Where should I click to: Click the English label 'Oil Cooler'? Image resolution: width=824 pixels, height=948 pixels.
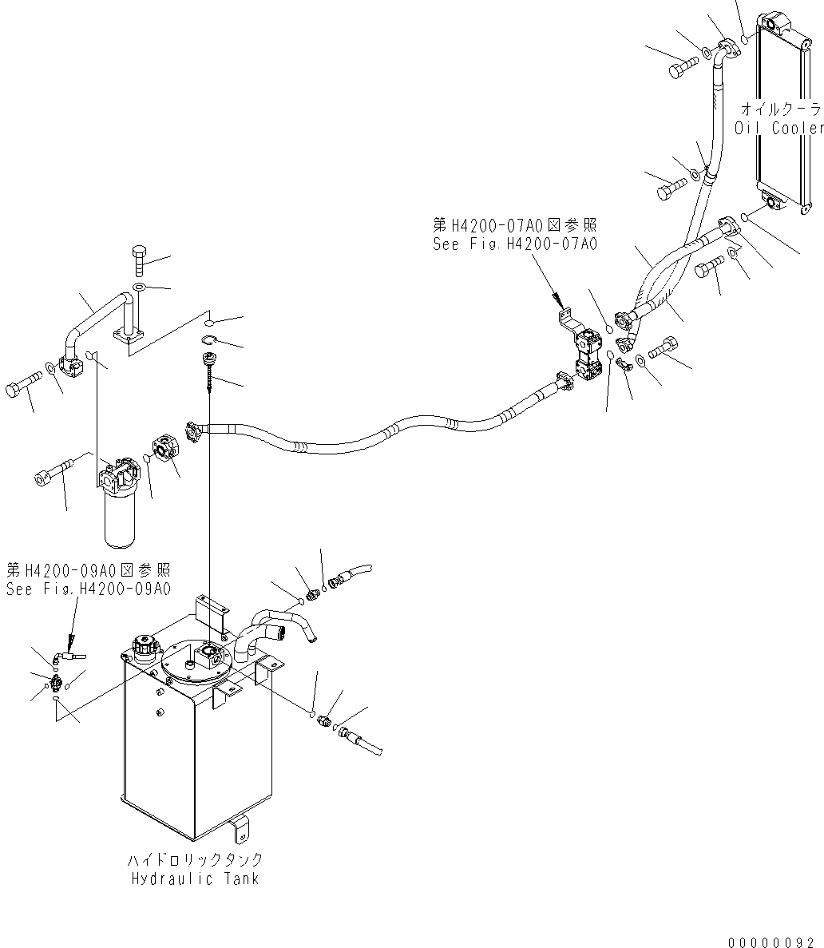point(778,128)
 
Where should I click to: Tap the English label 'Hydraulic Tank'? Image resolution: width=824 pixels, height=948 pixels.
point(195,879)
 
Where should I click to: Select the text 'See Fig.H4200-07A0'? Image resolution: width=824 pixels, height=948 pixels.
point(514,244)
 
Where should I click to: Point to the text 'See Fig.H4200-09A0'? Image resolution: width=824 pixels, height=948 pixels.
point(88,589)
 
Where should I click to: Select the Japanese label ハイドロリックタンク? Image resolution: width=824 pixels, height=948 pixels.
point(195,860)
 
